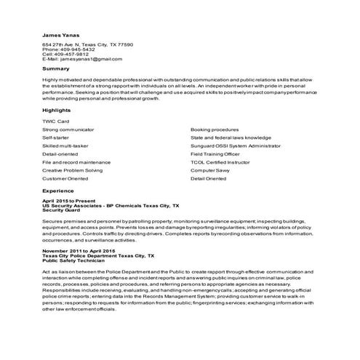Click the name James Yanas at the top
coord(60,34)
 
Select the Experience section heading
coord(58,190)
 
